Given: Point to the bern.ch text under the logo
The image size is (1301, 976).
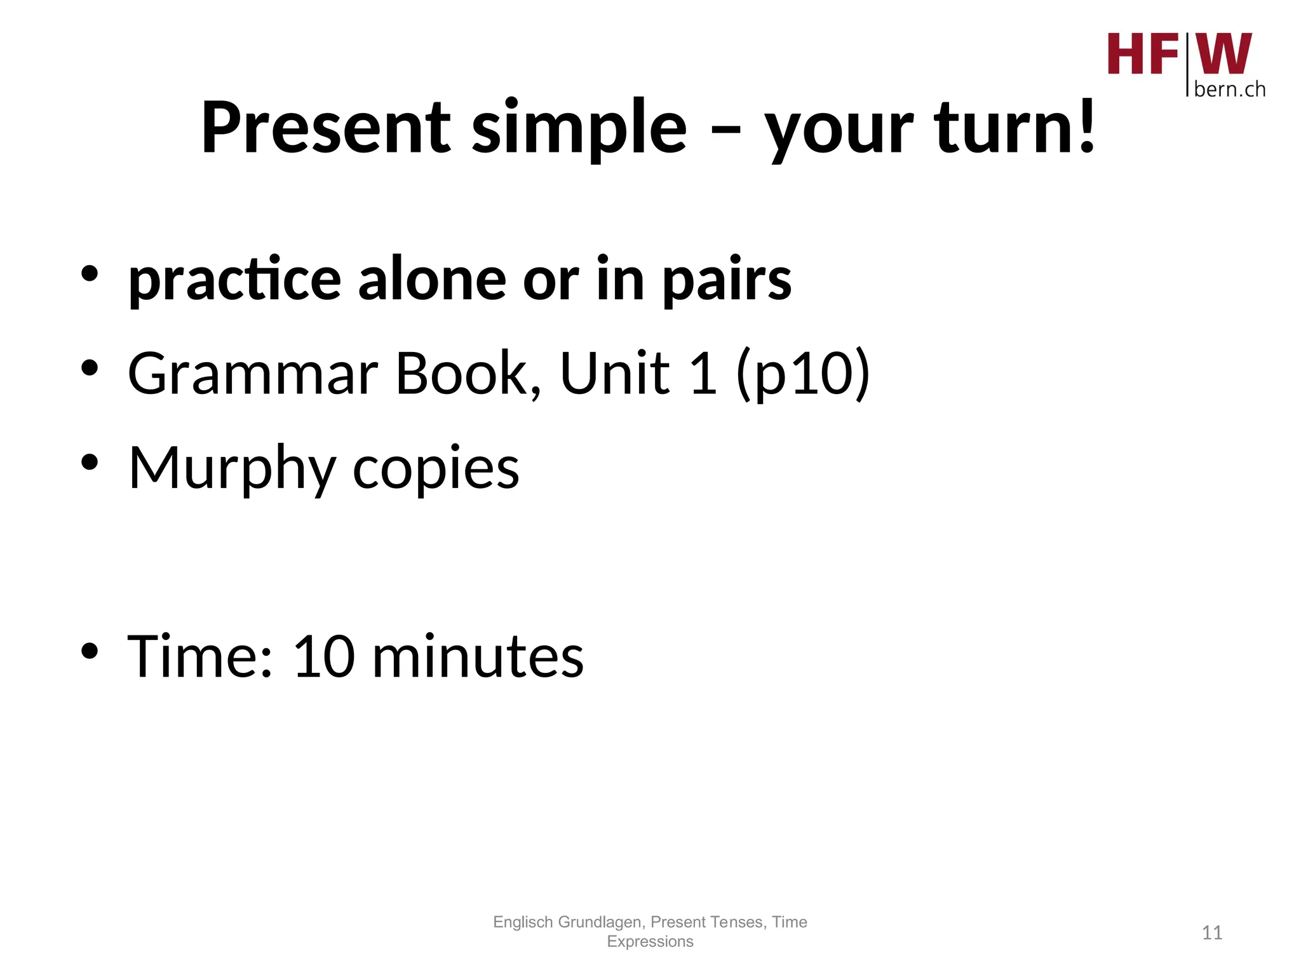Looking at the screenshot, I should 1229,90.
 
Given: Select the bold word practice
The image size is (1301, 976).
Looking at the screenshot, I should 234,280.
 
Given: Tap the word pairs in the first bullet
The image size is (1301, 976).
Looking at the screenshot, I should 727,280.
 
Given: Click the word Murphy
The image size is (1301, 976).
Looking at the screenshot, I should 232,469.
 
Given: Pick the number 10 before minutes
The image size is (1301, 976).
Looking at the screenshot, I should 323,656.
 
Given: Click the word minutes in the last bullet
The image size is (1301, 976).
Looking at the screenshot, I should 478,656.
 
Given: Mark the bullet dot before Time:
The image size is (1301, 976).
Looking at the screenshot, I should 90,651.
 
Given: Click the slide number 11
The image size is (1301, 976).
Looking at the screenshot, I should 1212,933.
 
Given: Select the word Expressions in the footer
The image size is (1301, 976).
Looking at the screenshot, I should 650,942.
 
